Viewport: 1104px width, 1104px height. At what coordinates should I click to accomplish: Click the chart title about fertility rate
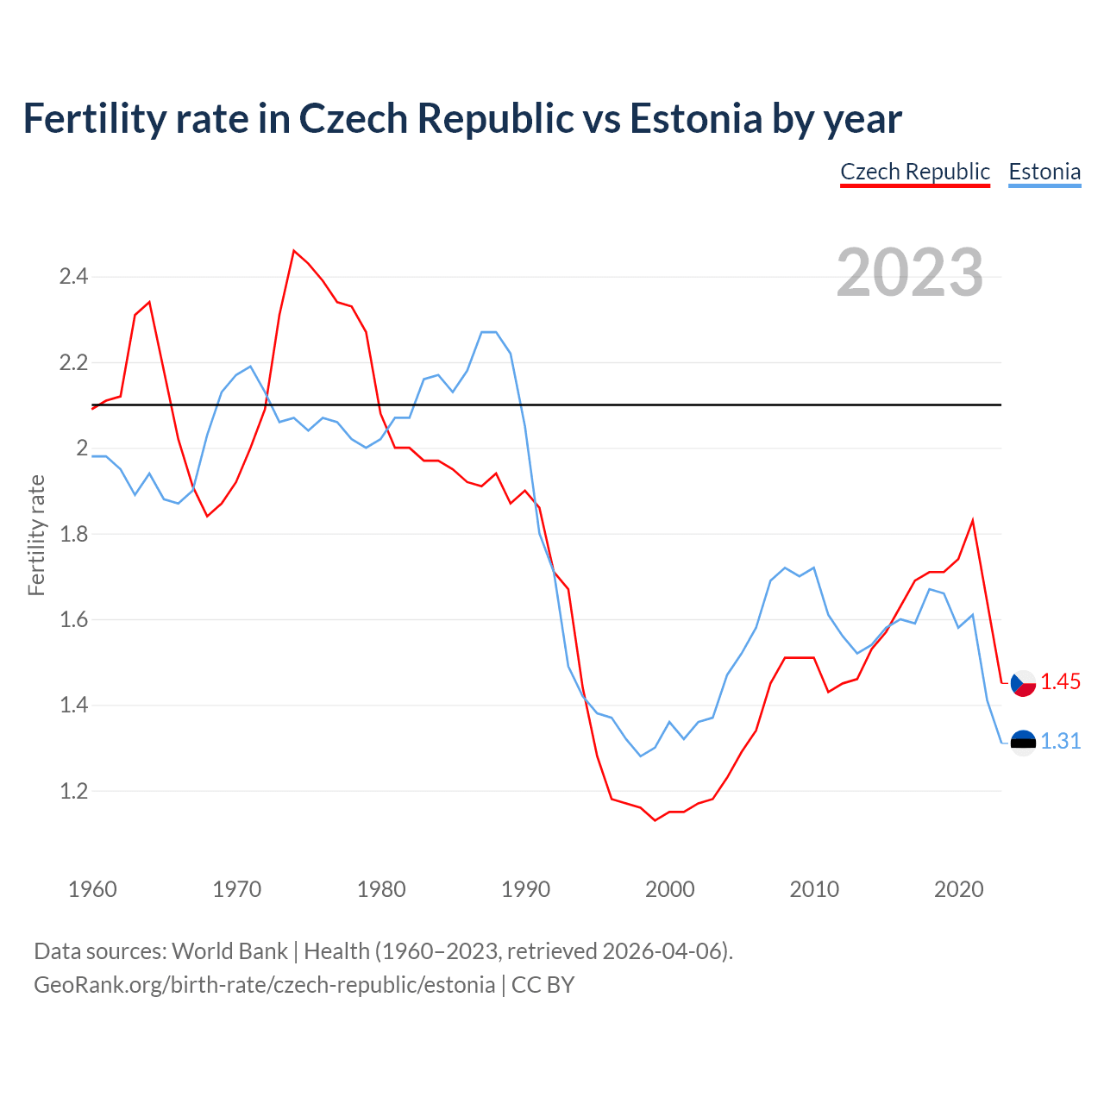(462, 119)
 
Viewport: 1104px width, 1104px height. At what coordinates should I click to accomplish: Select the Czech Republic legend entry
(915, 172)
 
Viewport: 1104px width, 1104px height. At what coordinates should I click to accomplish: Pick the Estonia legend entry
(1044, 172)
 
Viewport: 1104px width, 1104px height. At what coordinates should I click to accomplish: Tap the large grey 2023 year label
(910, 273)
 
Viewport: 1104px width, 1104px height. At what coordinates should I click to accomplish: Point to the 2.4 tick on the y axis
(73, 277)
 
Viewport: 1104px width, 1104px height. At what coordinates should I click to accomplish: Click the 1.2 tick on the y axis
(73, 791)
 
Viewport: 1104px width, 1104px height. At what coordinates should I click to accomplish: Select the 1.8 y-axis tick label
(73, 534)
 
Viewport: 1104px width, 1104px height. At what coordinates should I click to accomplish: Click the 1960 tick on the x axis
(92, 889)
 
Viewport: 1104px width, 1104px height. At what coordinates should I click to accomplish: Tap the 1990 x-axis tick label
(525, 889)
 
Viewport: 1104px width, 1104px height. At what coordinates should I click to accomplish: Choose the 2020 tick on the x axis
(958, 889)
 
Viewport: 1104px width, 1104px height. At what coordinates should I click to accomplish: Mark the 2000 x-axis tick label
(669, 889)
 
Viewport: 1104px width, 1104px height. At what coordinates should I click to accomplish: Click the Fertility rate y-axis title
(36, 535)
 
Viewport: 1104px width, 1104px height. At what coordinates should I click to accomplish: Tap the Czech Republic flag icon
(1023, 683)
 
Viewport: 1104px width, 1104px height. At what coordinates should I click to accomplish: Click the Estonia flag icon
(1023, 743)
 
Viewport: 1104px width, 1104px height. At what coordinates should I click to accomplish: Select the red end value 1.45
(1060, 682)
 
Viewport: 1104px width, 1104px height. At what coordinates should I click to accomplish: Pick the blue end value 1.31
(1060, 742)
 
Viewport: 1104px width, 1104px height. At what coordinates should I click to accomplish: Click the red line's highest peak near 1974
(294, 251)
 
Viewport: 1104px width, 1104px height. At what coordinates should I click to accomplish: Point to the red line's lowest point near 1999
(655, 820)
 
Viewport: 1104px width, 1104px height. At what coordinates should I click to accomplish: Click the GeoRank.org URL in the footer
(264, 985)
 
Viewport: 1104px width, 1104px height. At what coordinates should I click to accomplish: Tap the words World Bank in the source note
(229, 951)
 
